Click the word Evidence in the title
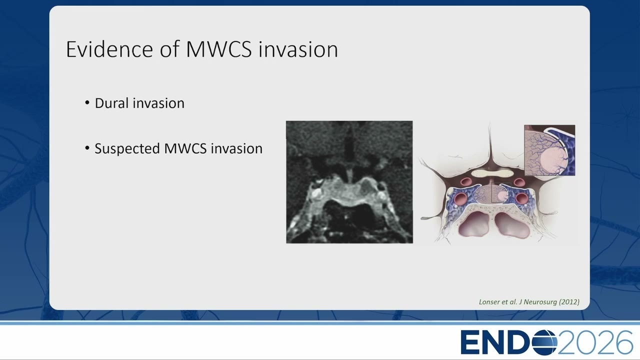point(109,49)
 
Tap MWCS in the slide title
point(219,49)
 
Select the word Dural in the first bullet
point(111,103)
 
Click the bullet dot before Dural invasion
point(87,102)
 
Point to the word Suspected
point(127,149)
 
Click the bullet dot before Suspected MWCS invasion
point(87,148)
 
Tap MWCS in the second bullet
point(185,148)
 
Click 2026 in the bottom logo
point(595,342)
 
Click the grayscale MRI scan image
point(349,182)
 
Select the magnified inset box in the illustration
point(549,150)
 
